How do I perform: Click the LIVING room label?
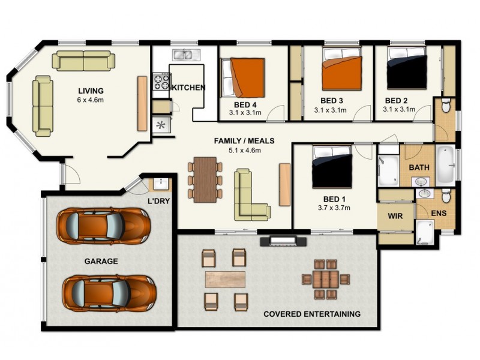90,91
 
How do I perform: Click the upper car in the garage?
103,225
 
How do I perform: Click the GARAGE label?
100,262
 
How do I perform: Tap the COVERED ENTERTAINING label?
312,314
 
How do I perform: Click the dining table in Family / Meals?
205,178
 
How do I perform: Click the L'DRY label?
158,201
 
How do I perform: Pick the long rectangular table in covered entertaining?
225,279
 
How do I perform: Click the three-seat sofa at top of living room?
83,61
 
